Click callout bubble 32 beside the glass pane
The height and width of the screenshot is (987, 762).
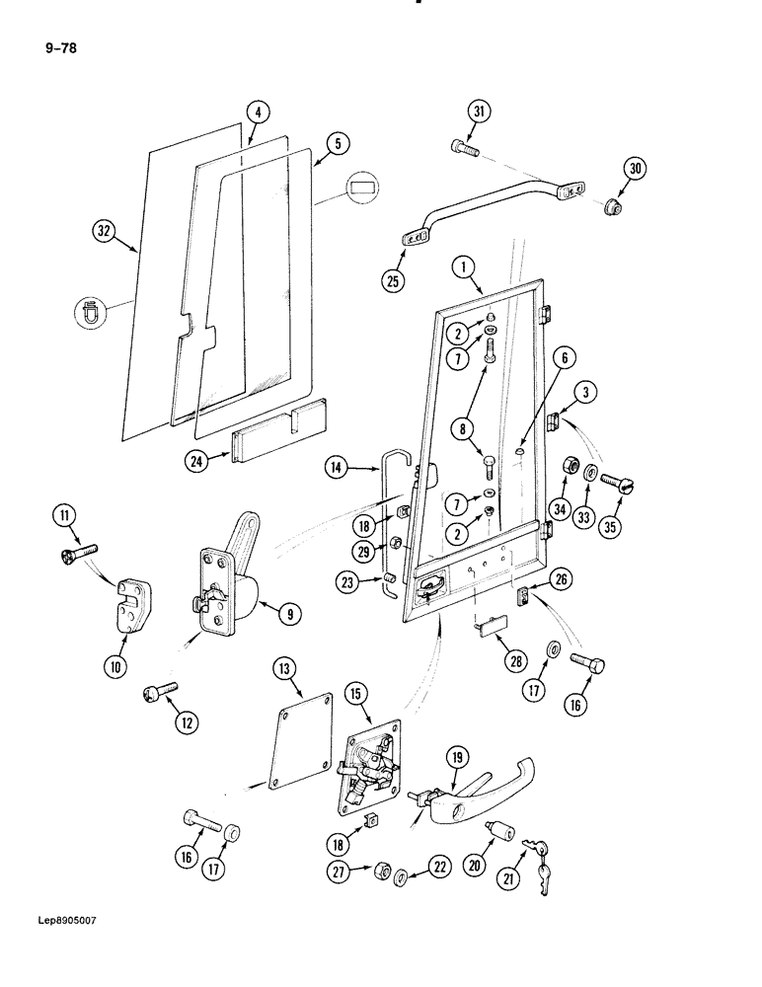(105, 233)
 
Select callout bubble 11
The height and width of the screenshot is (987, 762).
(64, 515)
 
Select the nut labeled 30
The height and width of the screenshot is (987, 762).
(611, 206)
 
